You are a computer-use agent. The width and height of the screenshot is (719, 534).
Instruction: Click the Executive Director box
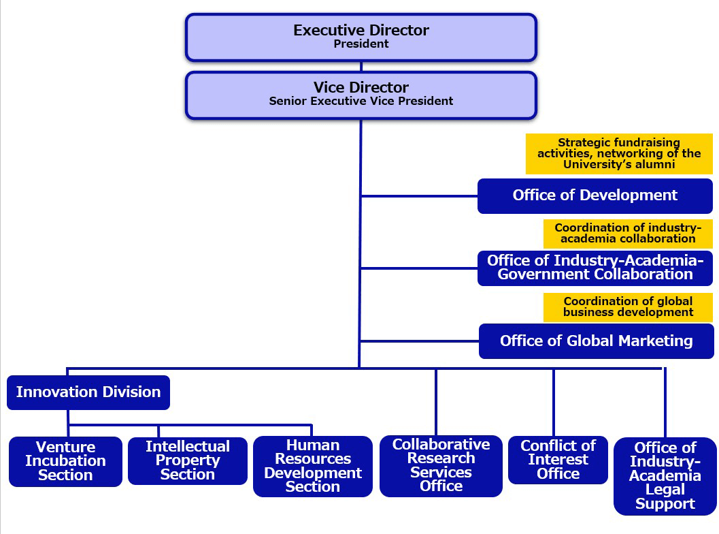[x=361, y=37]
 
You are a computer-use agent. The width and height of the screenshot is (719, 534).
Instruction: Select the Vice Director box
[x=361, y=94]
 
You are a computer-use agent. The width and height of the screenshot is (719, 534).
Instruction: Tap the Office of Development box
[x=595, y=195]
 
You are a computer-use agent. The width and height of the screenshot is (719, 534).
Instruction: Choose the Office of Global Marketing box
[x=596, y=341]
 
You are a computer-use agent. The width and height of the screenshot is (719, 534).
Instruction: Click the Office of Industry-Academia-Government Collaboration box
[x=595, y=268]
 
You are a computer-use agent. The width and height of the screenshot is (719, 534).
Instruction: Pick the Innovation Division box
[x=88, y=392]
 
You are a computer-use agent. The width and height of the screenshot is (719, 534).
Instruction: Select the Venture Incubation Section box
[x=65, y=461]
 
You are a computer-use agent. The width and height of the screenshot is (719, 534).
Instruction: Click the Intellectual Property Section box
[x=187, y=460]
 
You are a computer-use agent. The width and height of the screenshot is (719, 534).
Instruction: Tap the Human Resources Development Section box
[x=312, y=466]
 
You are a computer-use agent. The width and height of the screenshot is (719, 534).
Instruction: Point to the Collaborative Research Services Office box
[x=441, y=466]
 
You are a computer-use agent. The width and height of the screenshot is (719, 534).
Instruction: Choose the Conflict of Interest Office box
[x=558, y=460]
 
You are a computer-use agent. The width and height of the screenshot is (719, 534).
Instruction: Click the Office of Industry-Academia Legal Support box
[x=665, y=475]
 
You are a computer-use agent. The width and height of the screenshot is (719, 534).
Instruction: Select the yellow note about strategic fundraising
[x=618, y=153]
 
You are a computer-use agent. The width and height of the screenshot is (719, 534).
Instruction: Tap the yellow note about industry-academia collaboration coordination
[x=627, y=233]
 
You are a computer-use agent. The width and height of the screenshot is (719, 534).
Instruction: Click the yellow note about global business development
[x=627, y=307]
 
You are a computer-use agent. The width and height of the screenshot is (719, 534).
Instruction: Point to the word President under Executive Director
[x=361, y=44]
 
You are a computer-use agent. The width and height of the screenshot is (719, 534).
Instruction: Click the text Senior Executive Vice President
[x=361, y=101]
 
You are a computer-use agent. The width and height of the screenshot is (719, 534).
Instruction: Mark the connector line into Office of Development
[x=419, y=196]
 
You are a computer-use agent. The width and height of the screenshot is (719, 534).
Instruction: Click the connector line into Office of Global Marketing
[x=419, y=341]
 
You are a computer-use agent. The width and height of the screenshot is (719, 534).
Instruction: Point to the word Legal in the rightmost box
[x=665, y=490]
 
